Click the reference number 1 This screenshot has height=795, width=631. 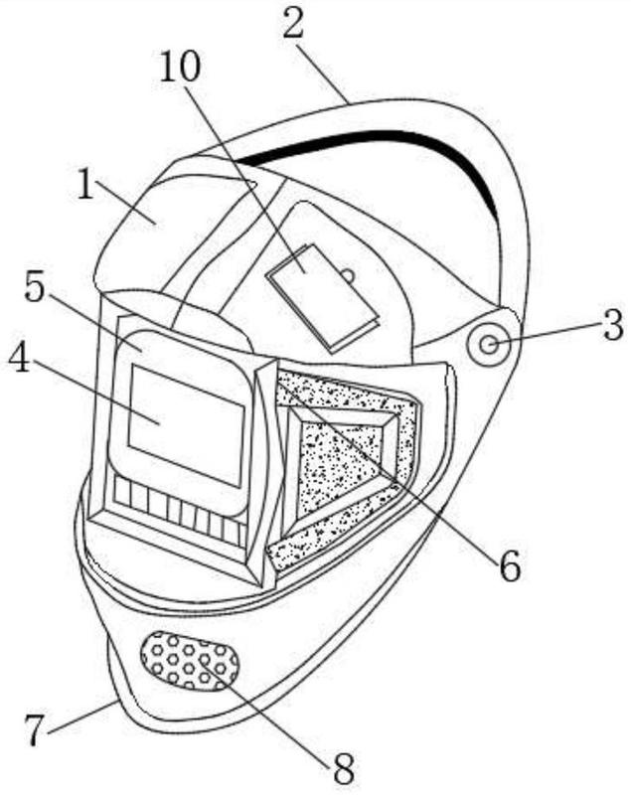pos(86,184)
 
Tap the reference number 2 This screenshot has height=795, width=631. pos(293,24)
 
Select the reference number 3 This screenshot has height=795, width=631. pos(613,326)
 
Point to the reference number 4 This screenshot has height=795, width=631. pos(19,360)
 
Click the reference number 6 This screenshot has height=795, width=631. pos(510,565)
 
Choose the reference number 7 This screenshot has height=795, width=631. pos(35,730)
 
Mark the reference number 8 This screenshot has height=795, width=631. pos(344,769)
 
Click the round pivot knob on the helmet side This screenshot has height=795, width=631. pos(489,345)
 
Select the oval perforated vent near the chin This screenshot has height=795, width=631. pos(190,662)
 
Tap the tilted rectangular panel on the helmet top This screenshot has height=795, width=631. pos(323,298)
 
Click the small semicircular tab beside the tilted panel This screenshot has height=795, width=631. pos(348,275)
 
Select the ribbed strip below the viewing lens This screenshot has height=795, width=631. pos(180,511)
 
